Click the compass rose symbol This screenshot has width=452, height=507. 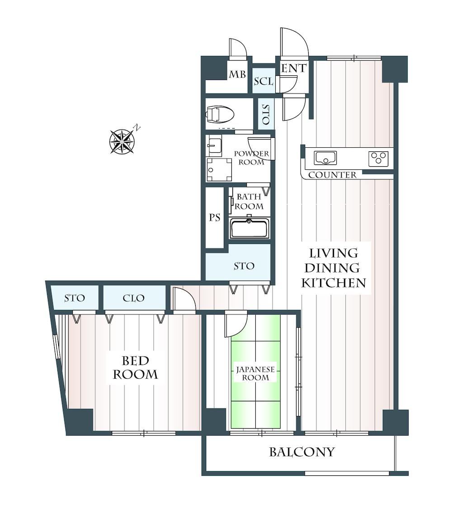coord(122,141)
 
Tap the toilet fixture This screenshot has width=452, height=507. coord(220,114)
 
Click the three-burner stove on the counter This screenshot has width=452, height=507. coord(378,159)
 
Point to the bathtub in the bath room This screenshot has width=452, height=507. coord(250,228)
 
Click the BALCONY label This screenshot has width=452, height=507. coord(301,452)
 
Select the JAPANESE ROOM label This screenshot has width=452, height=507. coord(255,373)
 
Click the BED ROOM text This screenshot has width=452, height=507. coord(135,367)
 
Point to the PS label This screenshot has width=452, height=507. coord(215,218)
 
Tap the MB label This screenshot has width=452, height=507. coord(237,75)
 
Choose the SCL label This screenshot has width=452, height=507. coord(264,81)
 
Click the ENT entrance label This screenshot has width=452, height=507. coord(293,68)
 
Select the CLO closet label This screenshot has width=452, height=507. coord(133,298)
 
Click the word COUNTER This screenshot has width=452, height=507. coord(332,175)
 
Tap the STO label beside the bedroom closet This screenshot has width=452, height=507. coord(75,298)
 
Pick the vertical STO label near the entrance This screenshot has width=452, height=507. coord(266,114)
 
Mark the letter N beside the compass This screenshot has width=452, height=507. coord(137,127)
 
